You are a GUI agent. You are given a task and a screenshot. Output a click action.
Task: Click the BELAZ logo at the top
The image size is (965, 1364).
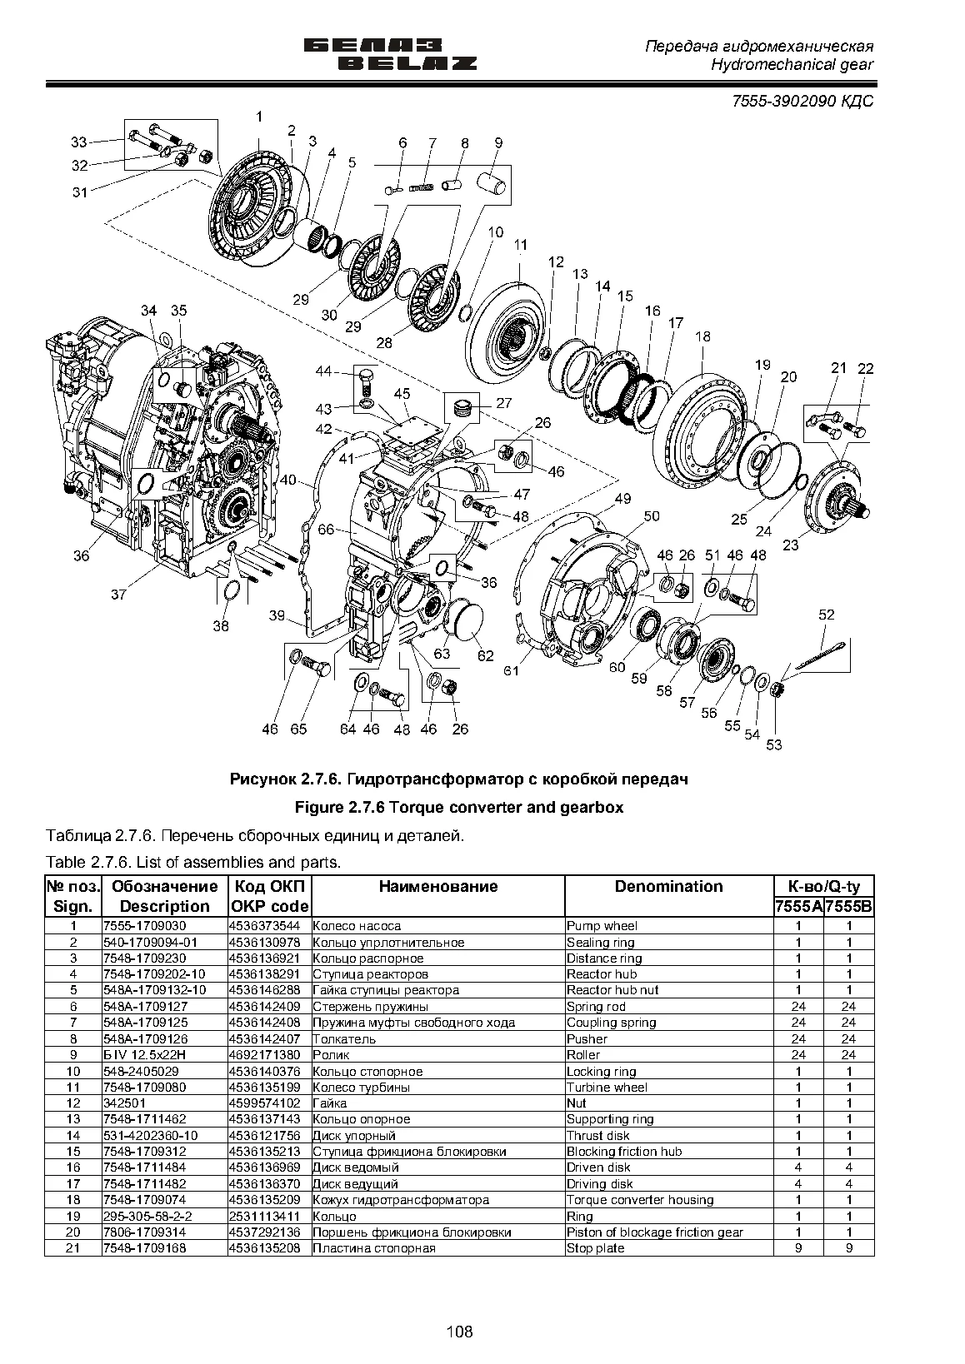(390, 55)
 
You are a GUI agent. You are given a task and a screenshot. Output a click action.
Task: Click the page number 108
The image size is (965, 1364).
(459, 1332)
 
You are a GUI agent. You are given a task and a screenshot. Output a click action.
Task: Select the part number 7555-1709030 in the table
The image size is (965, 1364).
(145, 926)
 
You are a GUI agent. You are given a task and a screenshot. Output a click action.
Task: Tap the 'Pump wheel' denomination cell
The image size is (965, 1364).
(602, 926)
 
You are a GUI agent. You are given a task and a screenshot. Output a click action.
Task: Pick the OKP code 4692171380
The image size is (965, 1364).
(265, 1055)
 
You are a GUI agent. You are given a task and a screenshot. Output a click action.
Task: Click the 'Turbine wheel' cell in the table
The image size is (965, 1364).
(607, 1088)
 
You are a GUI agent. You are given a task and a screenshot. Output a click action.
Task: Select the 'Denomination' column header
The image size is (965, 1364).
(668, 887)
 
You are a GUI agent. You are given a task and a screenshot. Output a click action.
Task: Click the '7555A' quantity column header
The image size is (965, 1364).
(798, 908)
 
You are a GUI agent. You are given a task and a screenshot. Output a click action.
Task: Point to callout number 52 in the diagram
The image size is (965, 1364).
(826, 615)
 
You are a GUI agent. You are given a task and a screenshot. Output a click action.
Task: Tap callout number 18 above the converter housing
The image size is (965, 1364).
(702, 336)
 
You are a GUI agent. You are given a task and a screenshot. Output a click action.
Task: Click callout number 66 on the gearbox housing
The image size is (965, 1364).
(326, 529)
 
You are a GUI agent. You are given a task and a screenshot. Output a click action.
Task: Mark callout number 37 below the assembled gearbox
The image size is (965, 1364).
(119, 595)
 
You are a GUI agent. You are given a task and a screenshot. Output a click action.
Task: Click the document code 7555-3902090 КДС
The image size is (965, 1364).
(802, 101)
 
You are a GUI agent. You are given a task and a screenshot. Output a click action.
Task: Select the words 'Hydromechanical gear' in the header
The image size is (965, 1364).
(792, 65)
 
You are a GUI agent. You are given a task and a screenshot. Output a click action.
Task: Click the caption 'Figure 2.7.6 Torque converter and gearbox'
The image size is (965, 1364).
(459, 808)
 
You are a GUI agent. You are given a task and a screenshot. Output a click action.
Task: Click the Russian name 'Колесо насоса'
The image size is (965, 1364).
(357, 926)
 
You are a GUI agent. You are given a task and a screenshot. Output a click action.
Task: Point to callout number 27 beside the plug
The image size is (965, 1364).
(504, 403)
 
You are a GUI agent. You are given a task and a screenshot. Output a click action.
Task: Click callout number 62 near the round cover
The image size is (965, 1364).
(485, 656)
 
